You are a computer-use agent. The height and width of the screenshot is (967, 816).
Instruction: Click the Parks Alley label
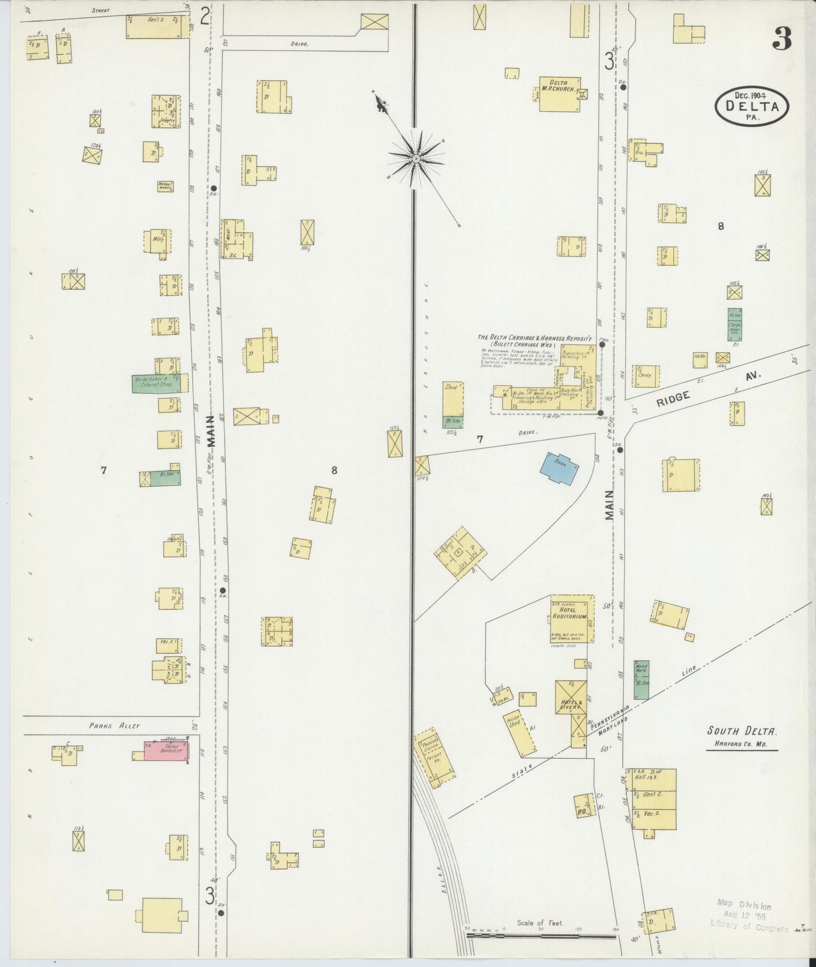[114, 726]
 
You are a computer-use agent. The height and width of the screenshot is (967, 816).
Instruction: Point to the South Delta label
[742, 731]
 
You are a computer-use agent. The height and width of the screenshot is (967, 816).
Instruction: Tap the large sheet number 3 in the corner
[783, 38]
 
